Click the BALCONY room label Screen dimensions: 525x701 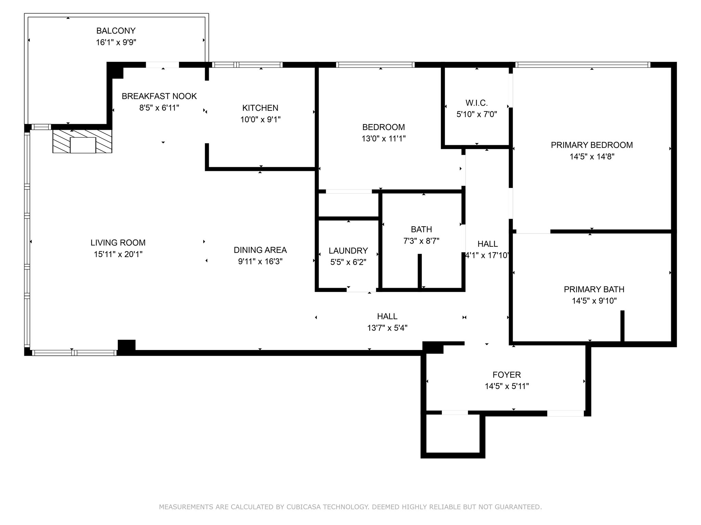point(116,31)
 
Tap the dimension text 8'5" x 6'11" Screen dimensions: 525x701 point(159,108)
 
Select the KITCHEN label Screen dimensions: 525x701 point(260,108)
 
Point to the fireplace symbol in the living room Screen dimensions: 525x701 point(82,141)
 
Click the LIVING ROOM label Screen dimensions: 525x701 point(118,243)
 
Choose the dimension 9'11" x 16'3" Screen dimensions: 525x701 point(260,261)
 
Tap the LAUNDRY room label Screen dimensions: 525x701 point(348,251)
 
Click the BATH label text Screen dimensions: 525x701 point(421,229)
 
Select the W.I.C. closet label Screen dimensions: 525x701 point(476,103)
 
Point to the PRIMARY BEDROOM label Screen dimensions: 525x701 point(591,145)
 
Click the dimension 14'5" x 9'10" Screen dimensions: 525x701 point(594,301)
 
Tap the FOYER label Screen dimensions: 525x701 point(507,375)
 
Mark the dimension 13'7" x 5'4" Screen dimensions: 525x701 point(387,328)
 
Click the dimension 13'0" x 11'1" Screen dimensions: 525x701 point(383,138)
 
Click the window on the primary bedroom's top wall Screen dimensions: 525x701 point(582,65)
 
